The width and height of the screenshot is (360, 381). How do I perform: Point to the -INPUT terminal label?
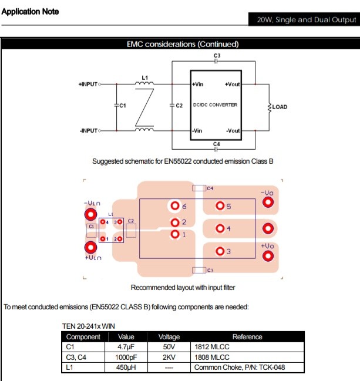(88, 130)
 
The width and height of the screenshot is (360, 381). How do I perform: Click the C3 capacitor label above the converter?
(217, 55)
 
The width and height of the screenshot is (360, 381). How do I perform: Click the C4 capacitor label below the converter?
(217, 143)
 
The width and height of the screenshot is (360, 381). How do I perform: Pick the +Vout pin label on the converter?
(233, 85)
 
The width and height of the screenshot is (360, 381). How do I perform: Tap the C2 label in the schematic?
(180, 106)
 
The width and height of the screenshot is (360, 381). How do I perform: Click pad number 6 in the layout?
(175, 207)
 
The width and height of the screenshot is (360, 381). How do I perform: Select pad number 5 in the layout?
(220, 206)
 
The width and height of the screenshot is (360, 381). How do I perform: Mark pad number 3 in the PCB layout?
(220, 251)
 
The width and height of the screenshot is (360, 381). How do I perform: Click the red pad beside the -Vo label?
(268, 203)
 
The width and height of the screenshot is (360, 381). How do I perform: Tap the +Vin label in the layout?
(93, 258)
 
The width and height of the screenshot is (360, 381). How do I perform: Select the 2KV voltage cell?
(169, 357)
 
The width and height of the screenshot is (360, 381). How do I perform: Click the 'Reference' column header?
(247, 337)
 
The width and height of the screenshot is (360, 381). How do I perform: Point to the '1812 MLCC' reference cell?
(211, 347)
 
